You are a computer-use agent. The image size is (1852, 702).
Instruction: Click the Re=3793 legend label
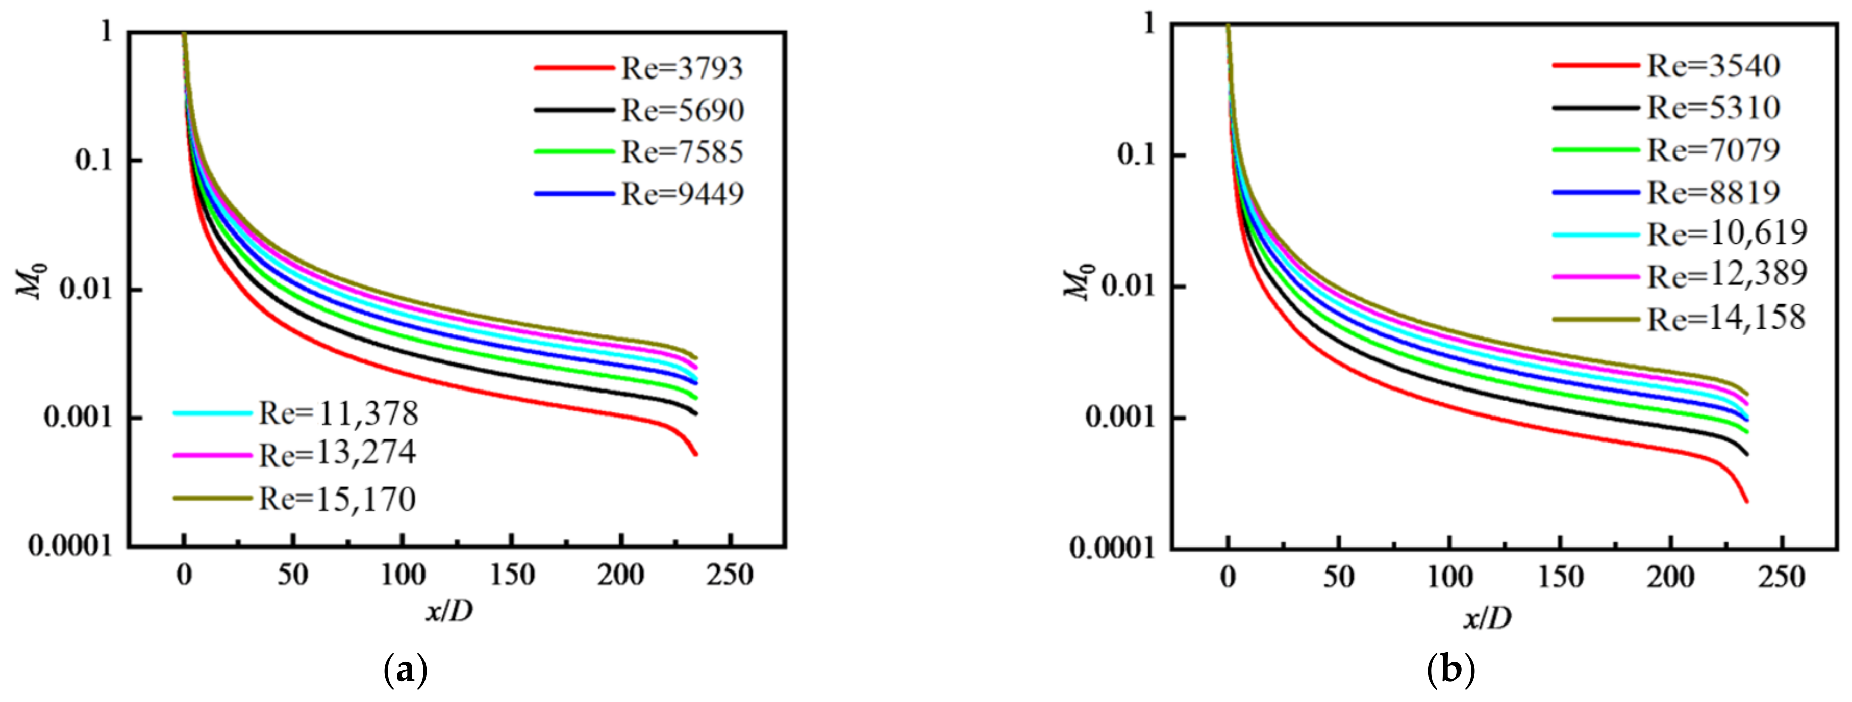click(x=682, y=68)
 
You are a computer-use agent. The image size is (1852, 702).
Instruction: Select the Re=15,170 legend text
click(x=337, y=499)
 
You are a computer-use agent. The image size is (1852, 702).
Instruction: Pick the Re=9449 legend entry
click(x=682, y=194)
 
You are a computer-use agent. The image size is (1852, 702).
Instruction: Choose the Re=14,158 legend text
click(x=1726, y=318)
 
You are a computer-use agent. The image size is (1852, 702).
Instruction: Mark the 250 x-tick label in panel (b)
click(x=1782, y=577)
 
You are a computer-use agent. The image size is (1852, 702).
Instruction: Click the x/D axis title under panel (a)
click(x=449, y=611)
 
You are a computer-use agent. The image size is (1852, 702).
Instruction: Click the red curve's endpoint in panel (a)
click(x=695, y=454)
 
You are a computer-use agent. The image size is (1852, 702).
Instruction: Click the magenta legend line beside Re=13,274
click(x=213, y=455)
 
